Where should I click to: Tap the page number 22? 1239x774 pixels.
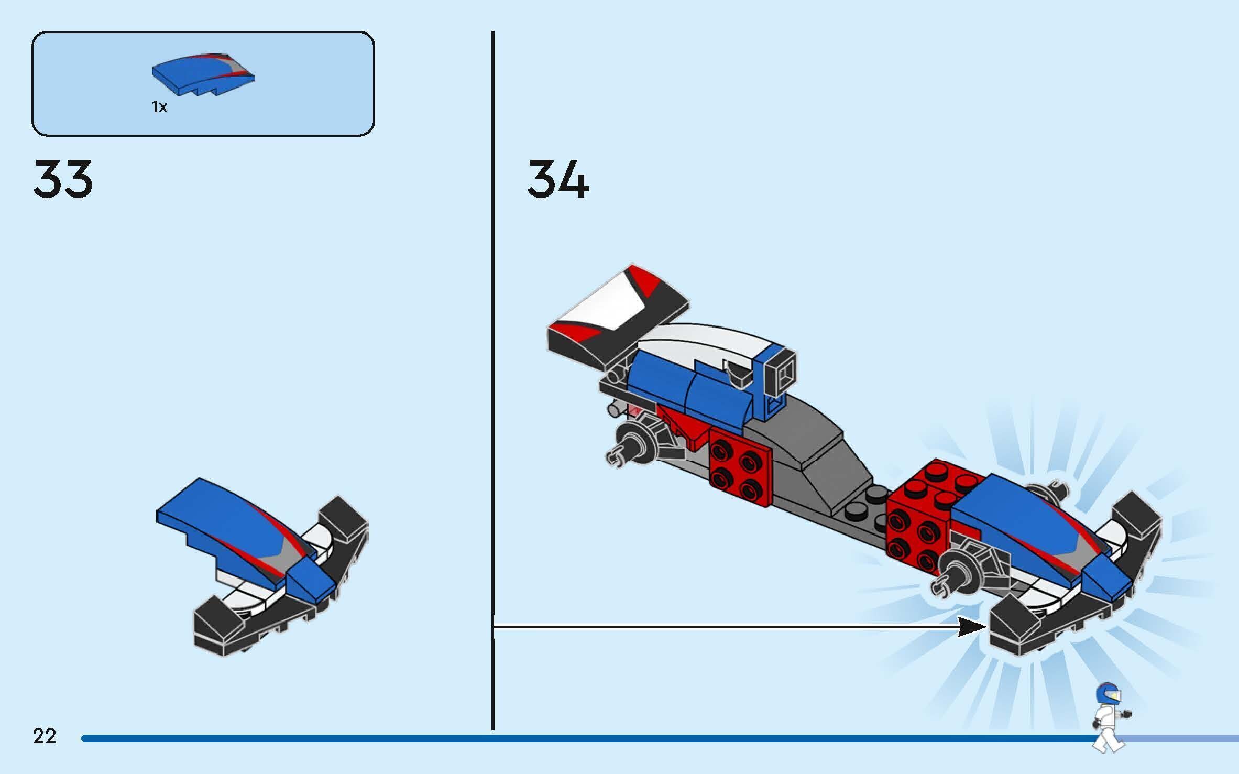coord(45,736)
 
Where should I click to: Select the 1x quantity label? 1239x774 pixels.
coord(160,107)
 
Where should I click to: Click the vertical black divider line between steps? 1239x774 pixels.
coord(493,367)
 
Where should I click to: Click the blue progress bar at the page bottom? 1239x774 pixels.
coord(576,738)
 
